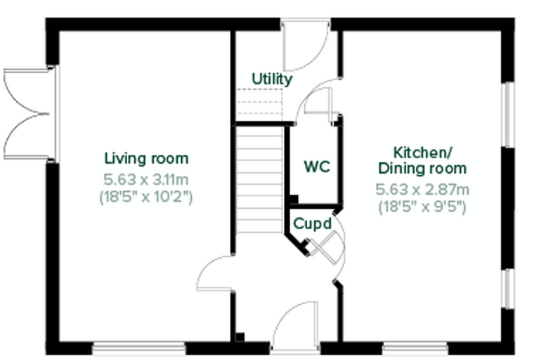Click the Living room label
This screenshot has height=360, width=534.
146,158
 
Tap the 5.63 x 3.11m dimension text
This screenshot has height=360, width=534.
146,180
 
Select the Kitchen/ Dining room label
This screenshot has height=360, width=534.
422,160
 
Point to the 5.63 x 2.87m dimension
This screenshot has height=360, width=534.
422,190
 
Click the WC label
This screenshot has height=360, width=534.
317,167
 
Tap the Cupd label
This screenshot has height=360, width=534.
312,224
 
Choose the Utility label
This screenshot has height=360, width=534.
272,79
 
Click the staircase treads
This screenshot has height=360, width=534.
260,180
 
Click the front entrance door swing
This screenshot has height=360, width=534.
295,325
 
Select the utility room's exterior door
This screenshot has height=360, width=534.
306,45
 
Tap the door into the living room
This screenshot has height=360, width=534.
215,273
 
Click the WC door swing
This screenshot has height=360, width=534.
318,100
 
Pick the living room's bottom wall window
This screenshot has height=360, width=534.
139,348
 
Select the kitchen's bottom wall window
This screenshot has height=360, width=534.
415,348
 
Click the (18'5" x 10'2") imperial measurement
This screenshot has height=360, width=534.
146,197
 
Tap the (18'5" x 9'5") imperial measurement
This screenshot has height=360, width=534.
422,207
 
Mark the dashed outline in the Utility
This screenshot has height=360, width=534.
259,102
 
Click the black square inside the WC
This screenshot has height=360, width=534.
294,199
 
